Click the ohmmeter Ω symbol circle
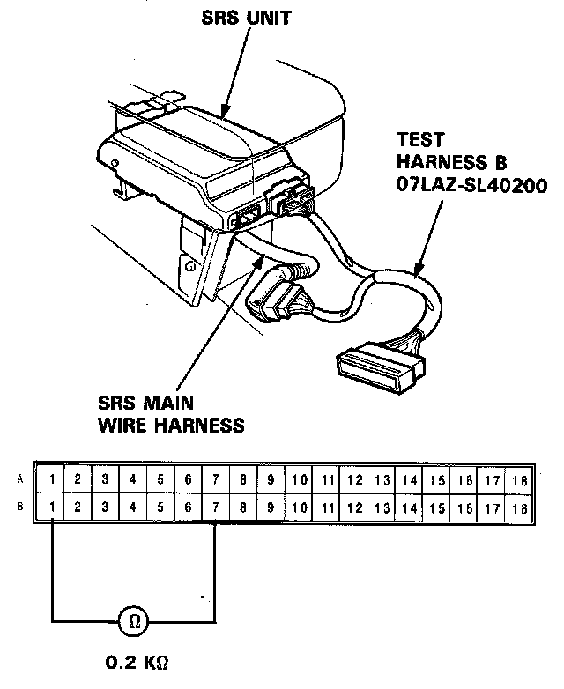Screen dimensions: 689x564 click(135, 621)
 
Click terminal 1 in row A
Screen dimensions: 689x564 click(54, 480)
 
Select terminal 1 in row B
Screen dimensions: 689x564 click(54, 508)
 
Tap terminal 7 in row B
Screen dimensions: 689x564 click(217, 508)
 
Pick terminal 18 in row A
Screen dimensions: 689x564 click(518, 480)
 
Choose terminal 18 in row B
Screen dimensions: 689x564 click(518, 508)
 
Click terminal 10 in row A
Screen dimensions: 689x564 click(300, 480)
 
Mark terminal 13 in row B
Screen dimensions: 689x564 click(382, 508)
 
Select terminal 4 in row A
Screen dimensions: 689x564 click(133, 480)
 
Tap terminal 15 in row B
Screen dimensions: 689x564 click(437, 508)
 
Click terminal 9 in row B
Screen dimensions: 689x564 click(271, 508)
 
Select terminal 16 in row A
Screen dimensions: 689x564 click(464, 480)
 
